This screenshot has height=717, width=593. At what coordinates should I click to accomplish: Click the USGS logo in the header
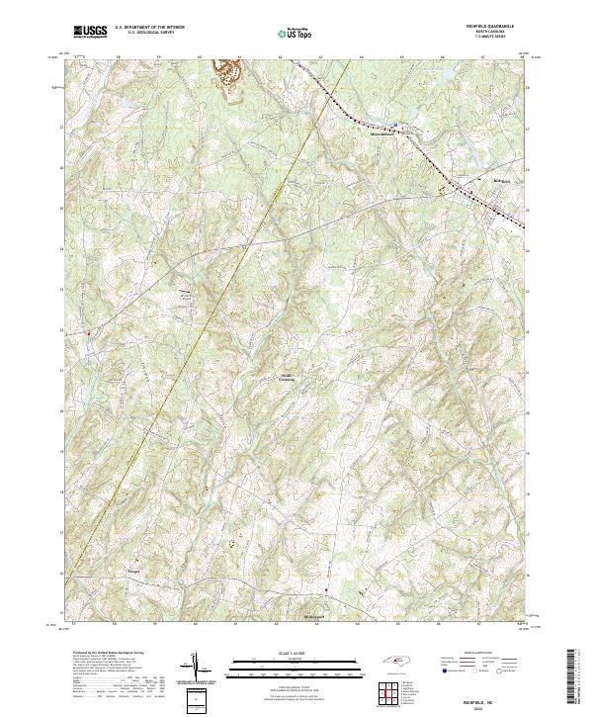tap(90, 33)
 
